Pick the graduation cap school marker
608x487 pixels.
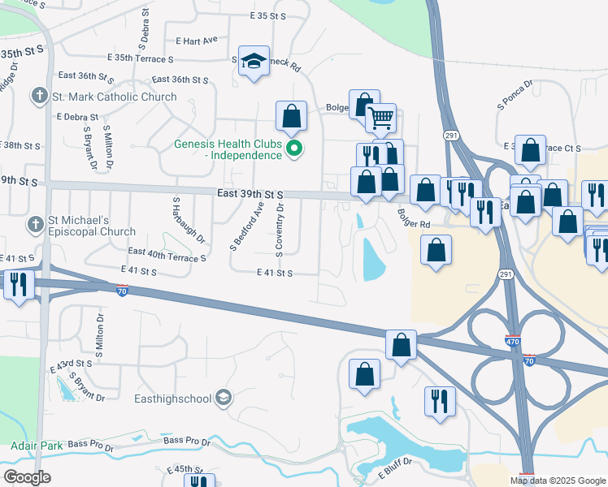(x=254, y=62)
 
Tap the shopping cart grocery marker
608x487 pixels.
(x=380, y=119)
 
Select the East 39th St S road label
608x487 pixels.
(x=250, y=195)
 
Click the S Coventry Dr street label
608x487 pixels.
(x=280, y=231)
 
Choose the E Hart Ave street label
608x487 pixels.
(x=196, y=40)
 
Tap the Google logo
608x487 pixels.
(x=27, y=477)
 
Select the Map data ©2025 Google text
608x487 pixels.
(x=557, y=481)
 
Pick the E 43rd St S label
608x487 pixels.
(x=72, y=364)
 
